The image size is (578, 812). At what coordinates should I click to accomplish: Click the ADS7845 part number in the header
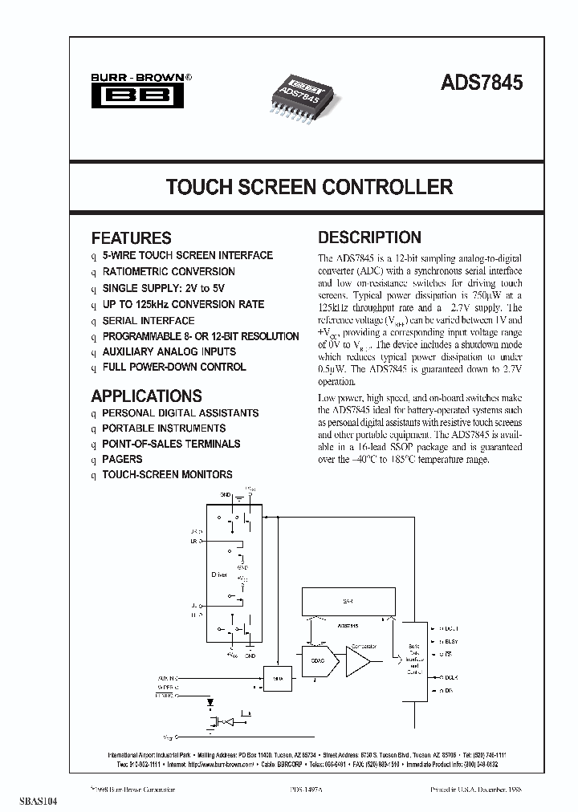(x=481, y=83)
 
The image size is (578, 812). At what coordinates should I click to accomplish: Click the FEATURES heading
(x=131, y=238)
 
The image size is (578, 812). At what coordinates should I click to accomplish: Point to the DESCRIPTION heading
(x=369, y=238)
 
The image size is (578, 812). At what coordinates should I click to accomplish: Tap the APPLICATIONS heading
(x=146, y=396)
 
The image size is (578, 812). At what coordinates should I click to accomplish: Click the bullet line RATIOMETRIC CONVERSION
(x=169, y=272)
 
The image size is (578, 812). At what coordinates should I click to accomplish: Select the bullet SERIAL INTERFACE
(x=148, y=320)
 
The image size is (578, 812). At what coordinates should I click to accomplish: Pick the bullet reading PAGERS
(x=122, y=459)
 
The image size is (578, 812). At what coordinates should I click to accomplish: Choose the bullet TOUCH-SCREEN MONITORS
(x=167, y=474)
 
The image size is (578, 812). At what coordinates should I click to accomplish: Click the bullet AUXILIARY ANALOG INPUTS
(x=169, y=351)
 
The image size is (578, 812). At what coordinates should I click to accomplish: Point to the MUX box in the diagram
(x=278, y=677)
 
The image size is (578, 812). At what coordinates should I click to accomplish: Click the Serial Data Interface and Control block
(x=414, y=657)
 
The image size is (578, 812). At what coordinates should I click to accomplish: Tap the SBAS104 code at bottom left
(x=27, y=802)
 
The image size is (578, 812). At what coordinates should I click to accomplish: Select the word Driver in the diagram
(x=219, y=574)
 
